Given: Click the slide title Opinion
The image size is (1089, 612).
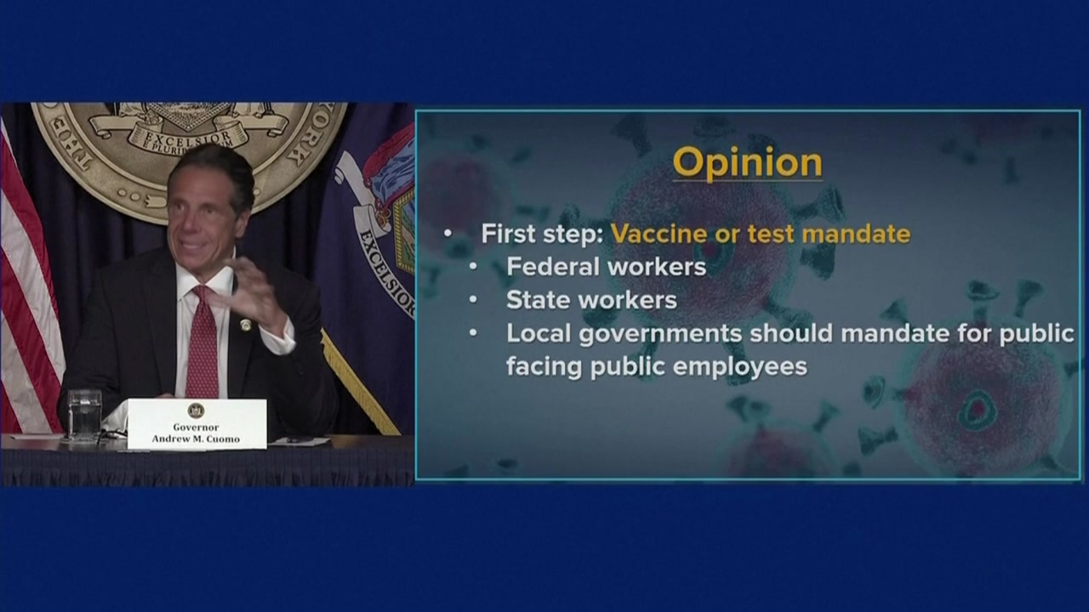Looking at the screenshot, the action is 748,163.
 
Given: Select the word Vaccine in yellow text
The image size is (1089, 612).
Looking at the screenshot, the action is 659,234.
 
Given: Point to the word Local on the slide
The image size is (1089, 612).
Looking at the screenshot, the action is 539,333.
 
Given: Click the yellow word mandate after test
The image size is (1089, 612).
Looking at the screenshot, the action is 856,234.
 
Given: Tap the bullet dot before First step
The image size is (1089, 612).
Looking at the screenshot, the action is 448,234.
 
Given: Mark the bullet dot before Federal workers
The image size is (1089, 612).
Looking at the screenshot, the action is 473,267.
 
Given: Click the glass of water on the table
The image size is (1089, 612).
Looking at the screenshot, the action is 84,416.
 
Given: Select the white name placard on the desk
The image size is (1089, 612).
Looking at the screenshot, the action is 197,424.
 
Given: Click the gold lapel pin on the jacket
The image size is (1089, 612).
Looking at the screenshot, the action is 246,325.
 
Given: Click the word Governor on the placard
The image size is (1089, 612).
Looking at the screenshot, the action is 196,428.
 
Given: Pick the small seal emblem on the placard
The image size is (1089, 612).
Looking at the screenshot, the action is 196,411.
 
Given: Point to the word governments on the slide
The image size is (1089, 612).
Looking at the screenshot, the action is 661,334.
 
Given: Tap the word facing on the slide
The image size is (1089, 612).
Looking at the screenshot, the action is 544,368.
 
